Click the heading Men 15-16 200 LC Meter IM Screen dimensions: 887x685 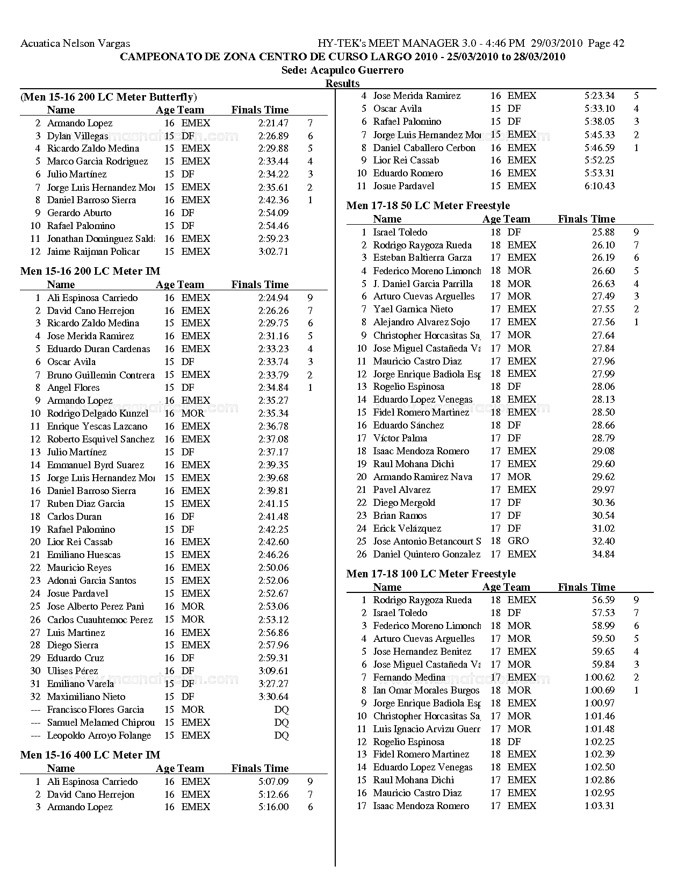coord(90,271)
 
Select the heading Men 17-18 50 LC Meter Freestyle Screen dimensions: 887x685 coord(428,205)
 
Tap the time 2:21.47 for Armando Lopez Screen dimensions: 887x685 coord(273,123)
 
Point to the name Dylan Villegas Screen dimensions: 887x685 coord(77,136)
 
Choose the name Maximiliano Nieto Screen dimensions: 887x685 coord(78,697)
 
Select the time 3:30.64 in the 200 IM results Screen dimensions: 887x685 coord(273,697)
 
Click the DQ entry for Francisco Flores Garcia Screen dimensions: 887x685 coord(281,710)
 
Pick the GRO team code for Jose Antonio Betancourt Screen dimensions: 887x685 coord(518,541)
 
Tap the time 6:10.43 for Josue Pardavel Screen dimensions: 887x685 coord(600,186)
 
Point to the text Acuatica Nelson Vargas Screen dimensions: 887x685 coord(75,44)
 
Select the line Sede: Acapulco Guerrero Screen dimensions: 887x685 coord(342,70)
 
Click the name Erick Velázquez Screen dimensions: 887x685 coord(407,528)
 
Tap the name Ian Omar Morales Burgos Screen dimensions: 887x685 coord(426,690)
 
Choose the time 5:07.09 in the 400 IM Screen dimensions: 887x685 coord(273,782)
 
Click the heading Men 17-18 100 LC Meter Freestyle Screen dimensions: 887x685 coord(431,574)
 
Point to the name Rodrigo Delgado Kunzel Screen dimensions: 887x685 coord(98,413)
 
